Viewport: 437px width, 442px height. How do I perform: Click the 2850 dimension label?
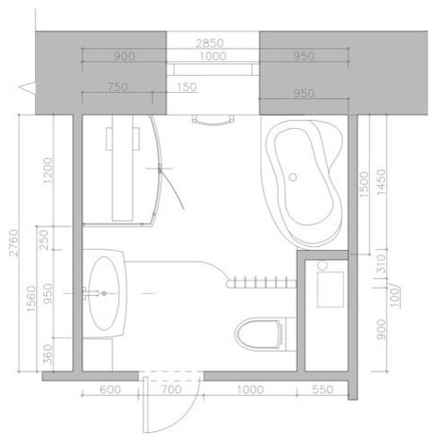point(209,43)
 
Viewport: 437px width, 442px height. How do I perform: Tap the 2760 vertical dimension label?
point(14,243)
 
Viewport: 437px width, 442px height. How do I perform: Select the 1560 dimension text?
point(32,299)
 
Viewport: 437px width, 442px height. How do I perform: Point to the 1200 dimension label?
point(48,170)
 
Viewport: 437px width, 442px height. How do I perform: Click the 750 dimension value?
point(117,87)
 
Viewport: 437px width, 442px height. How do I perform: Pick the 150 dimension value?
point(187,87)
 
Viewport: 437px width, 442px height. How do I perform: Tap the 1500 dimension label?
point(364,184)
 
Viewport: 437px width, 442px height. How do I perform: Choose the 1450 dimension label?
point(381,182)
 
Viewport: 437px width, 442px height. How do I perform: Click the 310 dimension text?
point(381,263)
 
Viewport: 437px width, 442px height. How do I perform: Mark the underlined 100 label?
point(395,297)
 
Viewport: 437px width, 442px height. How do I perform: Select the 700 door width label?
point(172,390)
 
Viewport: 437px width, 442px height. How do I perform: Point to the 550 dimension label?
point(322,390)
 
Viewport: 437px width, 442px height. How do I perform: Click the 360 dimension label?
point(48,355)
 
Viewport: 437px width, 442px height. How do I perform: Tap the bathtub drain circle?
point(293,177)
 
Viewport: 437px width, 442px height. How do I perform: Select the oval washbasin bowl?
point(105,293)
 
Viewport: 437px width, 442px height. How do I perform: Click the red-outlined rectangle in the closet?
point(330,290)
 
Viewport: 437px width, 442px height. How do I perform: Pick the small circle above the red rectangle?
point(322,265)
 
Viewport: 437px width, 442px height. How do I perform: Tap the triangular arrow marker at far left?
point(27,87)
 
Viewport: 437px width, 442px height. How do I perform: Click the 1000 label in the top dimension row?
point(213,56)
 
